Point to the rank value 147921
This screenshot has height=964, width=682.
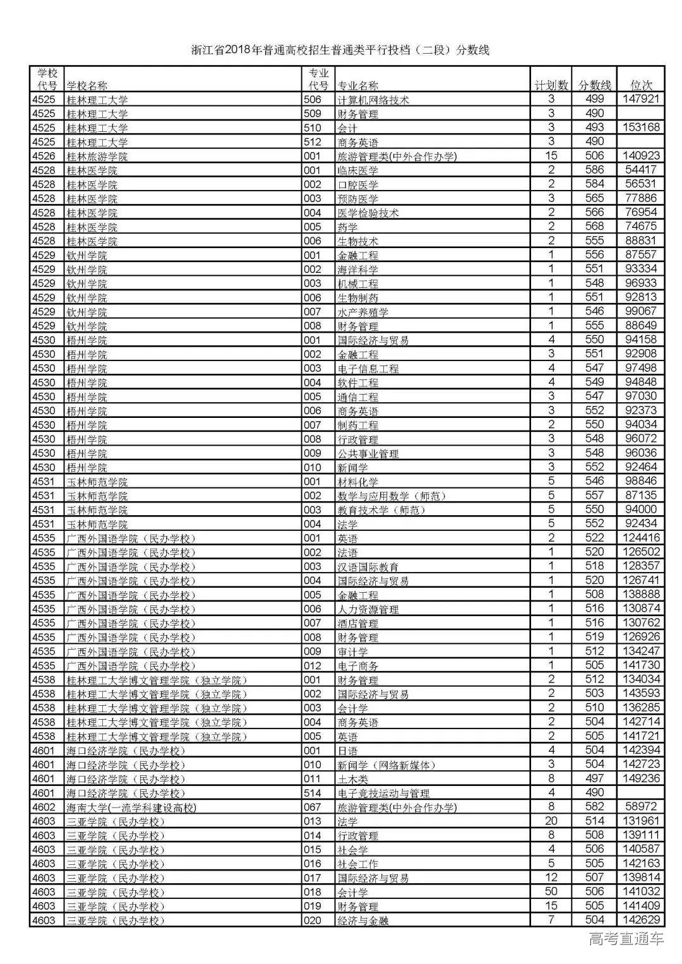click(x=641, y=99)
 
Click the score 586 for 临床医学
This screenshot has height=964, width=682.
click(x=594, y=170)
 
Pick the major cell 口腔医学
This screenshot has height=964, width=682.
click(x=358, y=184)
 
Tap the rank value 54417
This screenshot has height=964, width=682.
click(x=641, y=170)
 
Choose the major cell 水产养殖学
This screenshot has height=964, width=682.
click(x=363, y=312)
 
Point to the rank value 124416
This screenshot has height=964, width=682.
click(x=641, y=538)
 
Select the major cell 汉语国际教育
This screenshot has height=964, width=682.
click(x=368, y=567)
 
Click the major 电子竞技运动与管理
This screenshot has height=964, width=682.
click(x=383, y=793)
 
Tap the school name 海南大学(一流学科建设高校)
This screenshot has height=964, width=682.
click(x=131, y=807)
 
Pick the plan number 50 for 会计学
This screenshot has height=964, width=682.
click(x=551, y=891)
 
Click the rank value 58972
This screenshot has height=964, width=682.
click(x=641, y=807)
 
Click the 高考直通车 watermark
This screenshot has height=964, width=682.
click(x=626, y=939)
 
